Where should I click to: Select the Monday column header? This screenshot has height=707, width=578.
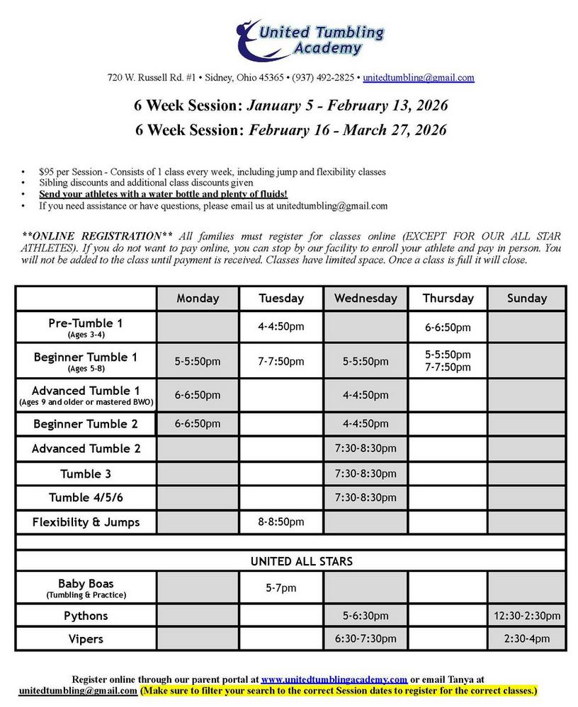198,298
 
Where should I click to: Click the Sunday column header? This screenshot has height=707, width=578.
526,298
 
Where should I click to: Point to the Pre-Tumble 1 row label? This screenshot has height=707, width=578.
86,327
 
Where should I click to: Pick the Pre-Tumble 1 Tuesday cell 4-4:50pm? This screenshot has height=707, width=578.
281,328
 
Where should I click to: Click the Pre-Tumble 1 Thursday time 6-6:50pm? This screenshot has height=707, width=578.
448,328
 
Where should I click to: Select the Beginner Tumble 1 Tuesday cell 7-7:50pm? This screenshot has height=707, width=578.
281,362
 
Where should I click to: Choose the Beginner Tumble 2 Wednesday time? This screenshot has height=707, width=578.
365,424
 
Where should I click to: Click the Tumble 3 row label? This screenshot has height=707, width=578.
86,473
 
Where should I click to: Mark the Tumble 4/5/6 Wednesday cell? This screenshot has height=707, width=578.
365,498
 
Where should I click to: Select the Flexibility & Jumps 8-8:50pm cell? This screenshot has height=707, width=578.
281,522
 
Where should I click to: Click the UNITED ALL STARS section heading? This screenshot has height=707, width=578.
291,561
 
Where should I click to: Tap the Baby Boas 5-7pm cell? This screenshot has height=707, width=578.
281,588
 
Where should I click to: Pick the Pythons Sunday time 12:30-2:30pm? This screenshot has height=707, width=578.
526,616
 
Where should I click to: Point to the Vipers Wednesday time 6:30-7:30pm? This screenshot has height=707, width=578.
365,638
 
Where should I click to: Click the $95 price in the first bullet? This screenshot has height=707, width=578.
46,172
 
